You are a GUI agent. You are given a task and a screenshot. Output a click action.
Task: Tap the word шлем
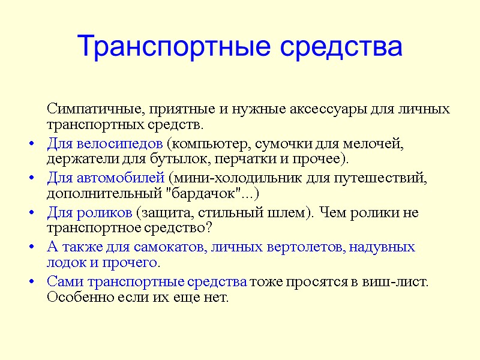290,213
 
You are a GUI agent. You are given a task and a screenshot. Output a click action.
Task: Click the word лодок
62,263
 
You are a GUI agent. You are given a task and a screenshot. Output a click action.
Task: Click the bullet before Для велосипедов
31,145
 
